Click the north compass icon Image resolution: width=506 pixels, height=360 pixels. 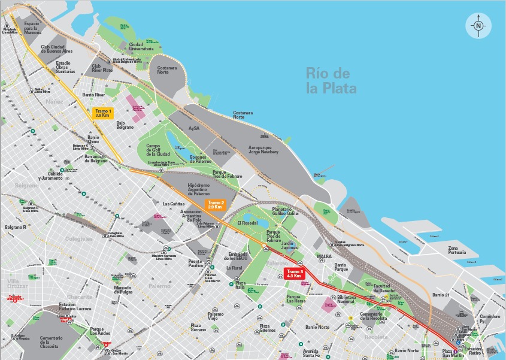(478, 26)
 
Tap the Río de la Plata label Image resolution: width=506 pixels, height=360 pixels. (331, 81)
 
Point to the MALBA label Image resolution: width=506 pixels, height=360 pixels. (324, 256)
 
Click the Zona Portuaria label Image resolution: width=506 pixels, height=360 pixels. (457, 250)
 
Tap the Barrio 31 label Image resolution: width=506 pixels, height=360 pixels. (440, 295)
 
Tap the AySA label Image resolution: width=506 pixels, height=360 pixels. (193, 128)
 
